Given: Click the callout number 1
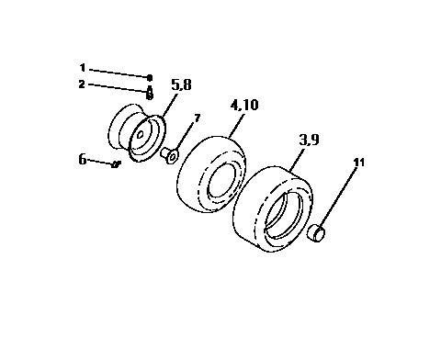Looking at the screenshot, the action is (82, 68).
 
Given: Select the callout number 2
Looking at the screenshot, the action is (82, 84).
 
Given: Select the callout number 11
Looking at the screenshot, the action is (358, 163).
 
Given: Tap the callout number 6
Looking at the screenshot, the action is (83, 159).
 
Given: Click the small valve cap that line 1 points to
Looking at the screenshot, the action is (149, 78).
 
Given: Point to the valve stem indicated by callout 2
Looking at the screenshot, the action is (149, 93).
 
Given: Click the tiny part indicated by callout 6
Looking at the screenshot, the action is (116, 164).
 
